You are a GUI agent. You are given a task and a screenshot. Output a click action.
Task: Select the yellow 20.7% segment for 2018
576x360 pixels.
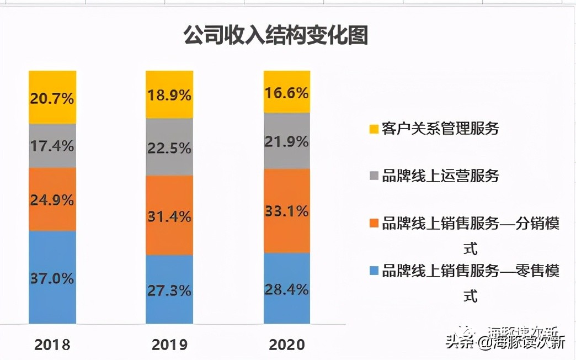point(52,98)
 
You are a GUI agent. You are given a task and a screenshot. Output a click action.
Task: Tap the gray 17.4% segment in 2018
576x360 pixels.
point(52,146)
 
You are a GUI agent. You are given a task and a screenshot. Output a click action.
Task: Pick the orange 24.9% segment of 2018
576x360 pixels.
point(52,199)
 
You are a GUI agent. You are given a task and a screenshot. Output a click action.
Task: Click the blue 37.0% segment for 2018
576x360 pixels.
point(52,277)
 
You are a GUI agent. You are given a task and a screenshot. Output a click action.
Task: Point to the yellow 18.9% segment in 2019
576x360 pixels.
point(169,94)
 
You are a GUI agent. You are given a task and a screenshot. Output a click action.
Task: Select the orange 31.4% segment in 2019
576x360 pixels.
point(169,215)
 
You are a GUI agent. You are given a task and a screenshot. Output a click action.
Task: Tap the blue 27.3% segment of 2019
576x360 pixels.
point(169,289)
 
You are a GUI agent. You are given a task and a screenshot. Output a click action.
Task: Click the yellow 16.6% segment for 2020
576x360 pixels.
point(287,92)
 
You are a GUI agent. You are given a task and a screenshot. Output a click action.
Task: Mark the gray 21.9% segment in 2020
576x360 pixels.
point(287,141)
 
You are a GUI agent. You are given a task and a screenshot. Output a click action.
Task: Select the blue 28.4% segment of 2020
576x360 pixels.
point(287,288)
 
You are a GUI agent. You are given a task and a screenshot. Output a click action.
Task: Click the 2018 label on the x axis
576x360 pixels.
point(52,345)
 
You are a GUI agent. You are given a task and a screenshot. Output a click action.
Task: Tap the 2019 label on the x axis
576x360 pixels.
point(169,345)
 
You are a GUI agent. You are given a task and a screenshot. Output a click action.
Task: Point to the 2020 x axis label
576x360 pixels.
point(287,345)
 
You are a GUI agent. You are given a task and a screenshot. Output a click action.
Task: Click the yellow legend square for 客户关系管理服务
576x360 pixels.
point(374,129)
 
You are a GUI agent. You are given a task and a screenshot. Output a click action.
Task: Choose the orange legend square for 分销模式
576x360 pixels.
point(374,224)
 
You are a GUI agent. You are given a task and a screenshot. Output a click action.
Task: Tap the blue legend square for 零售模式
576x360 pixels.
point(374,271)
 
